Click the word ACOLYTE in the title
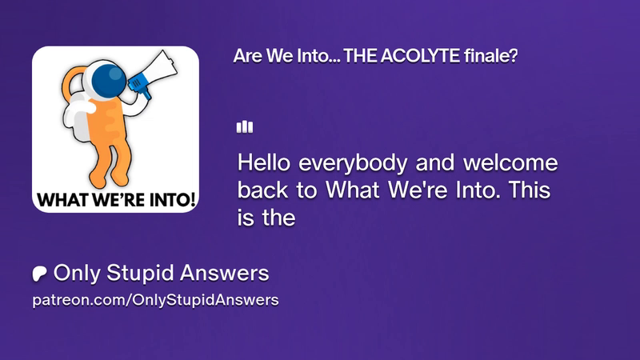[420, 56]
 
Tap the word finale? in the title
[491, 56]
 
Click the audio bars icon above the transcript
[245, 127]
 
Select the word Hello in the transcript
[264, 162]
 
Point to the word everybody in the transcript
[353, 164]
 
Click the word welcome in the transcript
[510, 162]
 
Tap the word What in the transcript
[353, 190]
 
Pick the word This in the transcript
[530, 190]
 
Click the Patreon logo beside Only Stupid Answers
[39, 274]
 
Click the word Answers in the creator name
[225, 273]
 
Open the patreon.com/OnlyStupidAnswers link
[155, 300]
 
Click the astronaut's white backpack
[78, 118]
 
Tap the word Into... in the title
[318, 56]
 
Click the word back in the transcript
[262, 190]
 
